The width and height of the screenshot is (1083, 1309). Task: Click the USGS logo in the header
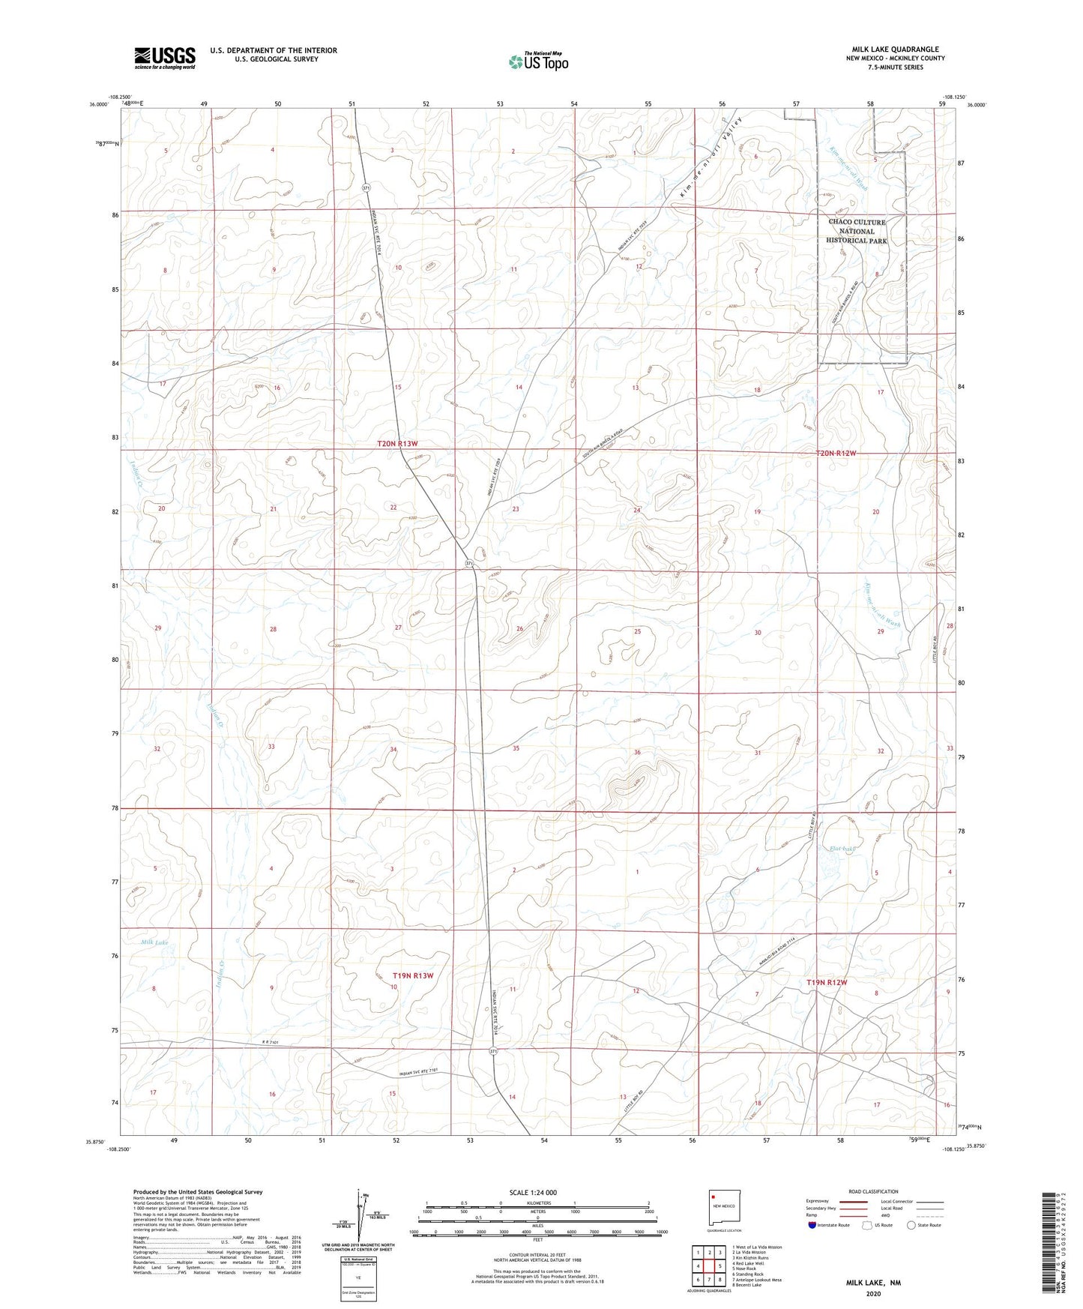point(165,58)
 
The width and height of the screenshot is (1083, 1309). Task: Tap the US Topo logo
point(537,61)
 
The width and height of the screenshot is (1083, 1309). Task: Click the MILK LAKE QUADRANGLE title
point(895,49)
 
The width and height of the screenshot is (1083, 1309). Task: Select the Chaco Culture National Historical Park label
point(857,231)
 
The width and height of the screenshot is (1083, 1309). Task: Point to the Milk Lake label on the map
point(154,942)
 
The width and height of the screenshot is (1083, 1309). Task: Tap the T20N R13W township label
point(397,444)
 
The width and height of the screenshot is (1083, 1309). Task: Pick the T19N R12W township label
point(827,982)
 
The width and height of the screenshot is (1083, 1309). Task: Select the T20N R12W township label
point(836,453)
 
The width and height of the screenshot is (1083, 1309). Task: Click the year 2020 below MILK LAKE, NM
point(872,1293)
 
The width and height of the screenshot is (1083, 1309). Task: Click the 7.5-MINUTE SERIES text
point(895,67)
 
